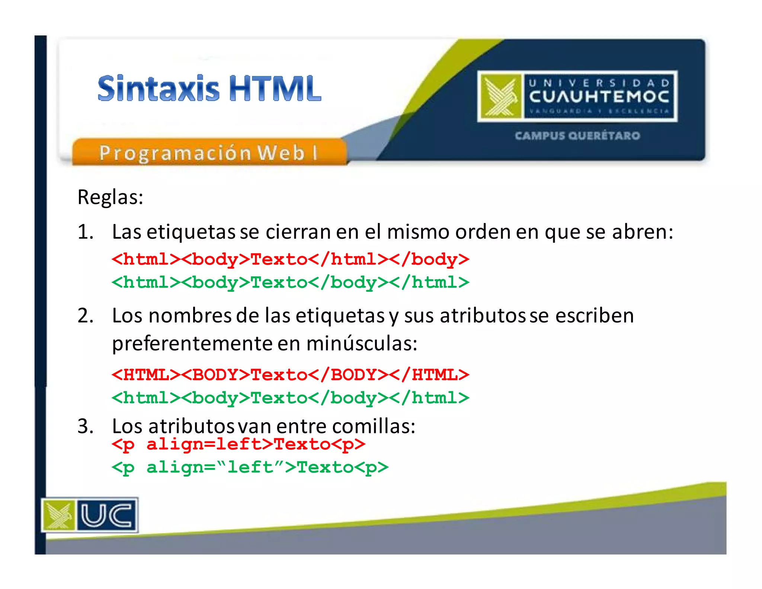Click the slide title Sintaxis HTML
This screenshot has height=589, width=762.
click(x=209, y=89)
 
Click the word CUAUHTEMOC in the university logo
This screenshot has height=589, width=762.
click(x=599, y=97)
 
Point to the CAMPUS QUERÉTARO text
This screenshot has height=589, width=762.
click(x=577, y=136)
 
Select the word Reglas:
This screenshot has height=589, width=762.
click(x=110, y=197)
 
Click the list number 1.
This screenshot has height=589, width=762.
click(x=85, y=232)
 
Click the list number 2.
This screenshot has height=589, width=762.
click(x=85, y=316)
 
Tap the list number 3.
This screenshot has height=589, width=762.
click(x=85, y=426)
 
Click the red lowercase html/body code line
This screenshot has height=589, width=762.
click(x=290, y=259)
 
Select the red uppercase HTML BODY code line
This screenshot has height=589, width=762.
click(x=290, y=375)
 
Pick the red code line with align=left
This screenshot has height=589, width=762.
click(x=238, y=444)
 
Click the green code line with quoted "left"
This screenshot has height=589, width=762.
click(x=250, y=467)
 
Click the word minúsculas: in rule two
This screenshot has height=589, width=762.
click(x=362, y=343)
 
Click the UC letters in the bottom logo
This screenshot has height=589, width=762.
click(x=106, y=515)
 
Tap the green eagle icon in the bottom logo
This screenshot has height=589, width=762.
click(x=58, y=515)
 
